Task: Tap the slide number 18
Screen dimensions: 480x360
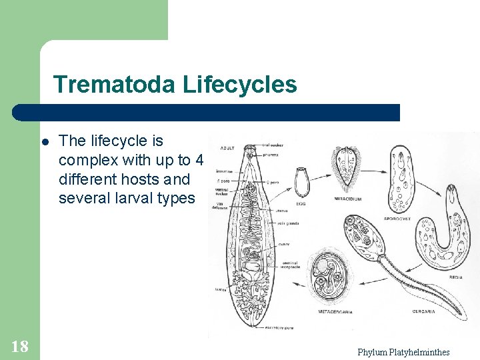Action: point(19,345)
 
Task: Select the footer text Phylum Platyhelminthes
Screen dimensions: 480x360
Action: point(403,352)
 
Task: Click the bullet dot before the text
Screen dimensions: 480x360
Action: point(45,142)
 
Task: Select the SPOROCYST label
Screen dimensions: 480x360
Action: point(397,218)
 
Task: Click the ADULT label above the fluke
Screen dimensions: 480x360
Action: point(229,147)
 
